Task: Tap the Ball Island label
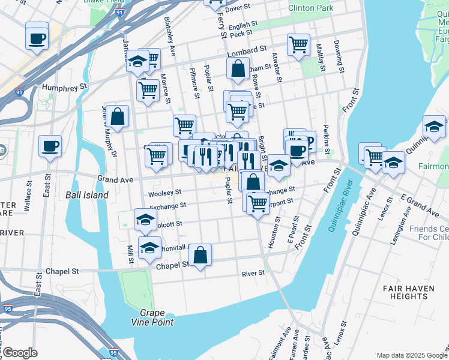(x=86, y=195)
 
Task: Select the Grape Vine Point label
(x=157, y=317)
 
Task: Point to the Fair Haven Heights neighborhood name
(x=405, y=292)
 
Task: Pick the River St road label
(x=253, y=273)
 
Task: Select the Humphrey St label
(x=62, y=88)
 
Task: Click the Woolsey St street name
(x=164, y=193)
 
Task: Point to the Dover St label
(x=237, y=8)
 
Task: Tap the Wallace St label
(x=28, y=199)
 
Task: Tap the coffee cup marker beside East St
(x=50, y=146)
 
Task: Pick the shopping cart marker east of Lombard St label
(x=298, y=44)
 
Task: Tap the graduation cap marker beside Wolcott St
(x=145, y=220)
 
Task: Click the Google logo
(x=19, y=353)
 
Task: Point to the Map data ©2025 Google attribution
(x=411, y=355)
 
